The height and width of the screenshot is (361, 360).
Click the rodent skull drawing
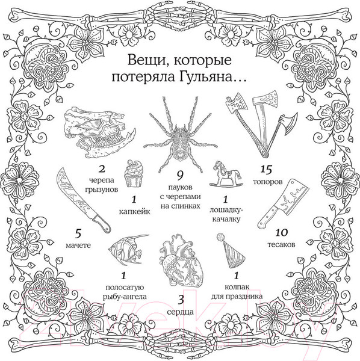[x=96, y=128]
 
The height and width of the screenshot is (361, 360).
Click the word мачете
[x=78, y=245]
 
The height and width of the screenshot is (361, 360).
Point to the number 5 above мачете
[x=77, y=232]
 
